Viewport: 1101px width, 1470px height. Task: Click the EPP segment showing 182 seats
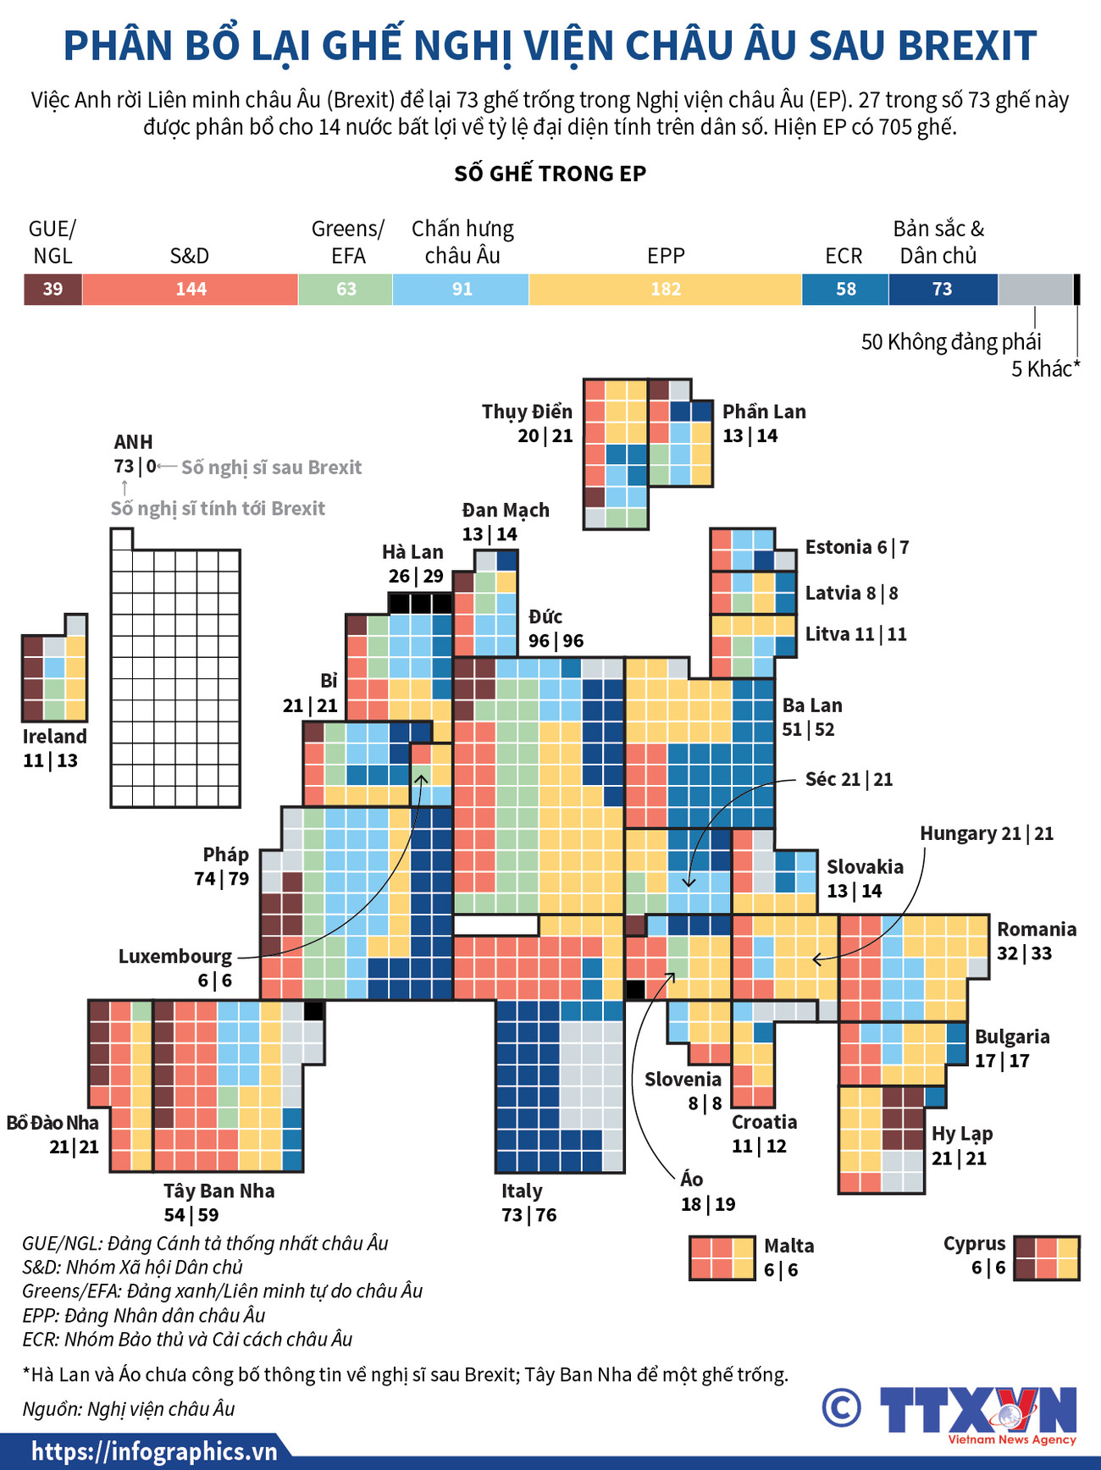tap(666, 290)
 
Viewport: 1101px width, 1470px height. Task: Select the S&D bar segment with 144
tap(191, 290)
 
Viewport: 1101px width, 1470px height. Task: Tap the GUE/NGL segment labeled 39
tap(53, 290)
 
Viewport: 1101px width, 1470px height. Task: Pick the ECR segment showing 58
tap(845, 290)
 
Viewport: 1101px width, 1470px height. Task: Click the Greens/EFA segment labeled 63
tap(346, 290)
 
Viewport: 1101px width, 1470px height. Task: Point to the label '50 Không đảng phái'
tap(951, 342)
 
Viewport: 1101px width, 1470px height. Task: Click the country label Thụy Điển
tap(527, 412)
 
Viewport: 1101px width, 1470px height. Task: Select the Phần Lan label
tap(764, 412)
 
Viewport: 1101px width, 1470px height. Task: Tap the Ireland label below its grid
tap(54, 737)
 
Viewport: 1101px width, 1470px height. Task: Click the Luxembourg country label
tap(174, 957)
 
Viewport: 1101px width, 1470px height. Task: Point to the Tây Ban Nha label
tap(219, 1191)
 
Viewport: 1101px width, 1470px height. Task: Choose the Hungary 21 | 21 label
tap(987, 834)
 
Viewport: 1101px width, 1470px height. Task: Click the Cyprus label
tap(974, 1244)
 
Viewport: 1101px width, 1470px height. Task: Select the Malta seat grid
tap(722, 1258)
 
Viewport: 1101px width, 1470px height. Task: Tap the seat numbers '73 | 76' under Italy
tap(529, 1215)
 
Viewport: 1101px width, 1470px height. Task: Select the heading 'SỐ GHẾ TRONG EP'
tap(550, 174)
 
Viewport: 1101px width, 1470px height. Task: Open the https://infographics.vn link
tap(155, 1452)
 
